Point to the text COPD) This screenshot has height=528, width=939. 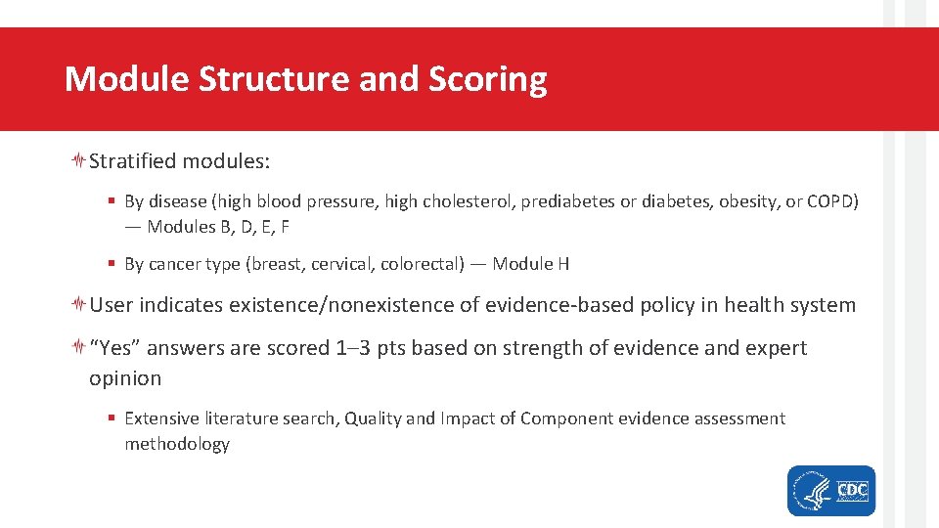point(832,201)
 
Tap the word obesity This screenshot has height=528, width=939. point(747,201)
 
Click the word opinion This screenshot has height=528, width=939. point(125,378)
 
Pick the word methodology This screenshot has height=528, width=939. point(176,444)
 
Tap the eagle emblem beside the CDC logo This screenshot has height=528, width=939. point(810,490)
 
